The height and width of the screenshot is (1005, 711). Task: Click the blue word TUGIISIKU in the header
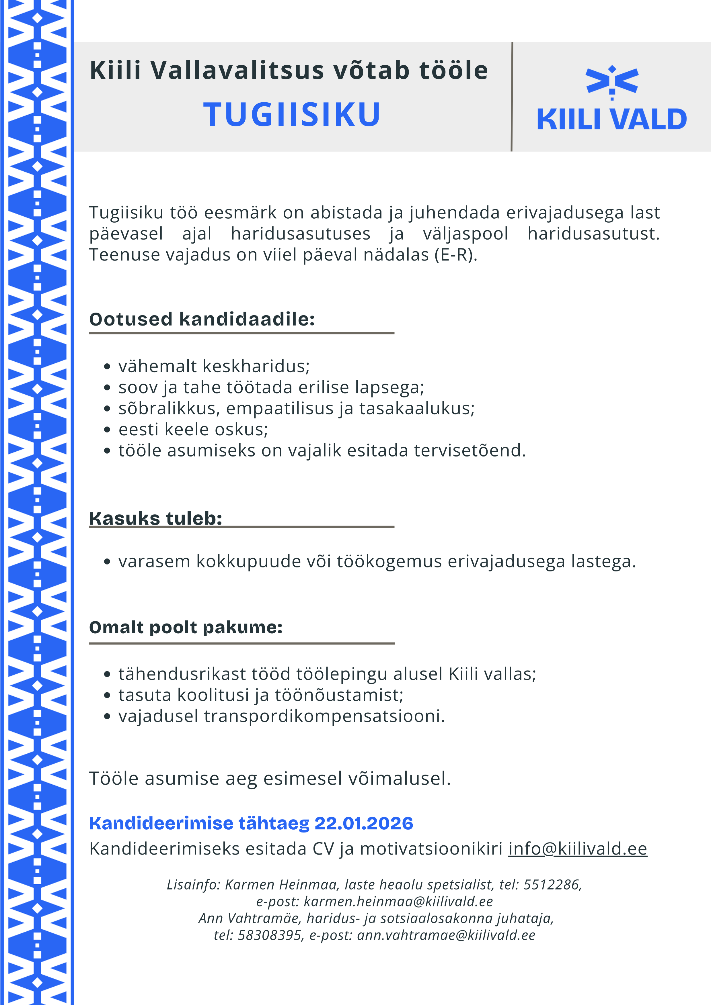click(x=292, y=115)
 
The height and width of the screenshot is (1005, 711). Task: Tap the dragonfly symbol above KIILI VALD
click(x=612, y=81)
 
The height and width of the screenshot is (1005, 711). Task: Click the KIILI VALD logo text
click(x=611, y=119)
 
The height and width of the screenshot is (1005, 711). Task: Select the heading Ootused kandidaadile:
click(x=202, y=319)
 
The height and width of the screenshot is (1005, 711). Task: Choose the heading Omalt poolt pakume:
click(x=186, y=627)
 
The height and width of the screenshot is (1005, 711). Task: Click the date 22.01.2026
click(x=364, y=823)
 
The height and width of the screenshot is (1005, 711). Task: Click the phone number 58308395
click(x=269, y=935)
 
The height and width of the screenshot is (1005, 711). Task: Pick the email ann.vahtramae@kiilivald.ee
click(x=446, y=935)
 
